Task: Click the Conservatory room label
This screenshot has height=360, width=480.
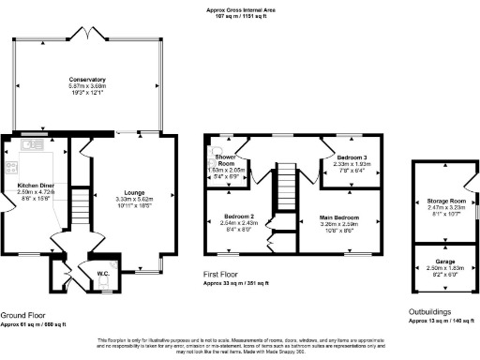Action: pyautogui.click(x=86, y=81)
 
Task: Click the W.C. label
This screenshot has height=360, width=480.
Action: pyautogui.click(x=105, y=275)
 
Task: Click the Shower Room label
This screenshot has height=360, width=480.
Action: pyautogui.click(x=225, y=159)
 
